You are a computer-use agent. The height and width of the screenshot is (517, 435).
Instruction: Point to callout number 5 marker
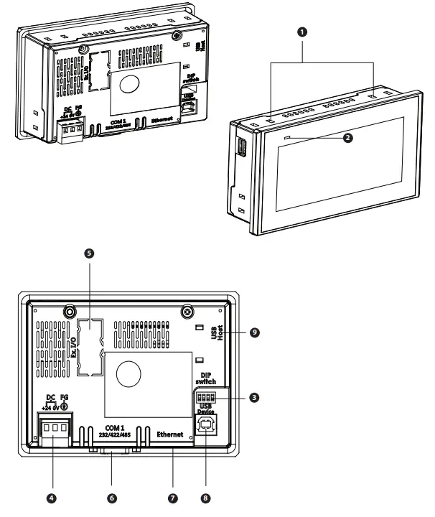point(88,253)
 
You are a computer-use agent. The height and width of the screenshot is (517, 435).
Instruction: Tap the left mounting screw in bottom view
point(70,312)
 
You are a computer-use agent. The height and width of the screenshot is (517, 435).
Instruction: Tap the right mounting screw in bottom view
point(186,312)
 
